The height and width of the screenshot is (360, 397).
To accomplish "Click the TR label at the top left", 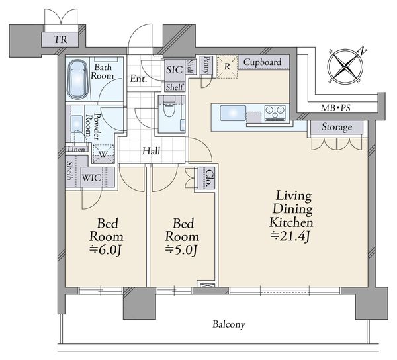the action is click(60, 40).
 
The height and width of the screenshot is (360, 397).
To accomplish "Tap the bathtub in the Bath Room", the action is click(77, 80).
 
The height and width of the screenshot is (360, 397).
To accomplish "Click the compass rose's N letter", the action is click(362, 51).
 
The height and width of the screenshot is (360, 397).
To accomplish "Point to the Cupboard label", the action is click(262, 62).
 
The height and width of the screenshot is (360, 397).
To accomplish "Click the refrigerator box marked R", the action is click(227, 67).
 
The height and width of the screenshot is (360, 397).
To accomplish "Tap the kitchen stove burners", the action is click(275, 113).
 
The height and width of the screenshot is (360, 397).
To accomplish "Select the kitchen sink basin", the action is click(233, 113).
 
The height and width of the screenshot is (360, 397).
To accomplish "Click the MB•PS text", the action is click(335, 108).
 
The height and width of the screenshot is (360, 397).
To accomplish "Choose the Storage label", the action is click(337, 127).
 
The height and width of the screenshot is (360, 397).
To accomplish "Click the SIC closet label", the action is click(175, 70).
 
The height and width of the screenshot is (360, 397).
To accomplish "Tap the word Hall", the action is click(151, 151).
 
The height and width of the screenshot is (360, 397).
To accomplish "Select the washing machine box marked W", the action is click(103, 154).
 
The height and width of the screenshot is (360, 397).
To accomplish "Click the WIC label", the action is click(91, 178).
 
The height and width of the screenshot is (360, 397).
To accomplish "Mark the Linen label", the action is click(77, 149).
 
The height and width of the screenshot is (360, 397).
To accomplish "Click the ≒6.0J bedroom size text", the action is click(106, 250).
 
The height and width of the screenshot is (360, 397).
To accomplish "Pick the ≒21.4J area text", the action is click(290, 236).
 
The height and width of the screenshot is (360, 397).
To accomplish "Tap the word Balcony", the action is click(229, 324).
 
